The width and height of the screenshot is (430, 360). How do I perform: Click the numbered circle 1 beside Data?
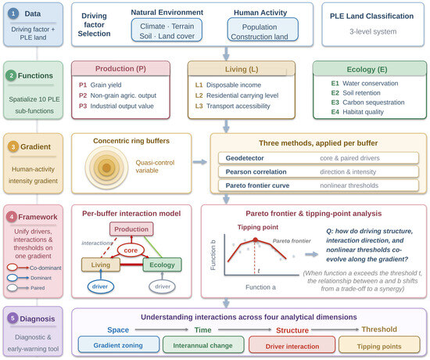click(x=13, y=13)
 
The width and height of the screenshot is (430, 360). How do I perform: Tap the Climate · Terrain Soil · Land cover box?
click(x=167, y=30)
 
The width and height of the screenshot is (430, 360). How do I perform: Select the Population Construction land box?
click(x=263, y=30)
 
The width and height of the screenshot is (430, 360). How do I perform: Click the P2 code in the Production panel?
click(x=83, y=95)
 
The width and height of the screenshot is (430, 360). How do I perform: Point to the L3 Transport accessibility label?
click(x=232, y=106)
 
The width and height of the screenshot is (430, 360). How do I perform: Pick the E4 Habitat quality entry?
click(x=357, y=112)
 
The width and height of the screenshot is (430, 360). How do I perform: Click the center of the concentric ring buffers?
click(x=106, y=167)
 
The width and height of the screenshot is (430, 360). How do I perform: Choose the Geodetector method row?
click(x=318, y=158)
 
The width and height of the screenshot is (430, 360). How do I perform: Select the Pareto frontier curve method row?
click(x=318, y=185)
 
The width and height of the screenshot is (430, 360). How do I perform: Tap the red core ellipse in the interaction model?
click(x=131, y=250)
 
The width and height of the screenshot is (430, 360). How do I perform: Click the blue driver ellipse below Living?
click(x=100, y=286)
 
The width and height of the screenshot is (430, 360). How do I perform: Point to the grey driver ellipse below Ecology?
click(x=162, y=286)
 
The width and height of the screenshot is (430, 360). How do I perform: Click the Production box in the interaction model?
click(x=131, y=229)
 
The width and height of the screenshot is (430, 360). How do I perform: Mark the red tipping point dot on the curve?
click(x=256, y=239)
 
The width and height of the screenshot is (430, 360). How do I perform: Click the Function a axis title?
click(x=260, y=287)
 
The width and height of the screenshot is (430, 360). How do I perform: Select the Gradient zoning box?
click(x=119, y=344)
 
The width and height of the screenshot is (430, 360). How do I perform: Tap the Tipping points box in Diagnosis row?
click(x=379, y=345)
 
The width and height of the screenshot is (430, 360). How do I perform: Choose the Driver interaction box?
click(x=292, y=345)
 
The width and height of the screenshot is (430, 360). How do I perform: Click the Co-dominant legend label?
click(x=45, y=268)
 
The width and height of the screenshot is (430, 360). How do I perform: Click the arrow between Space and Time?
click(x=162, y=329)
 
